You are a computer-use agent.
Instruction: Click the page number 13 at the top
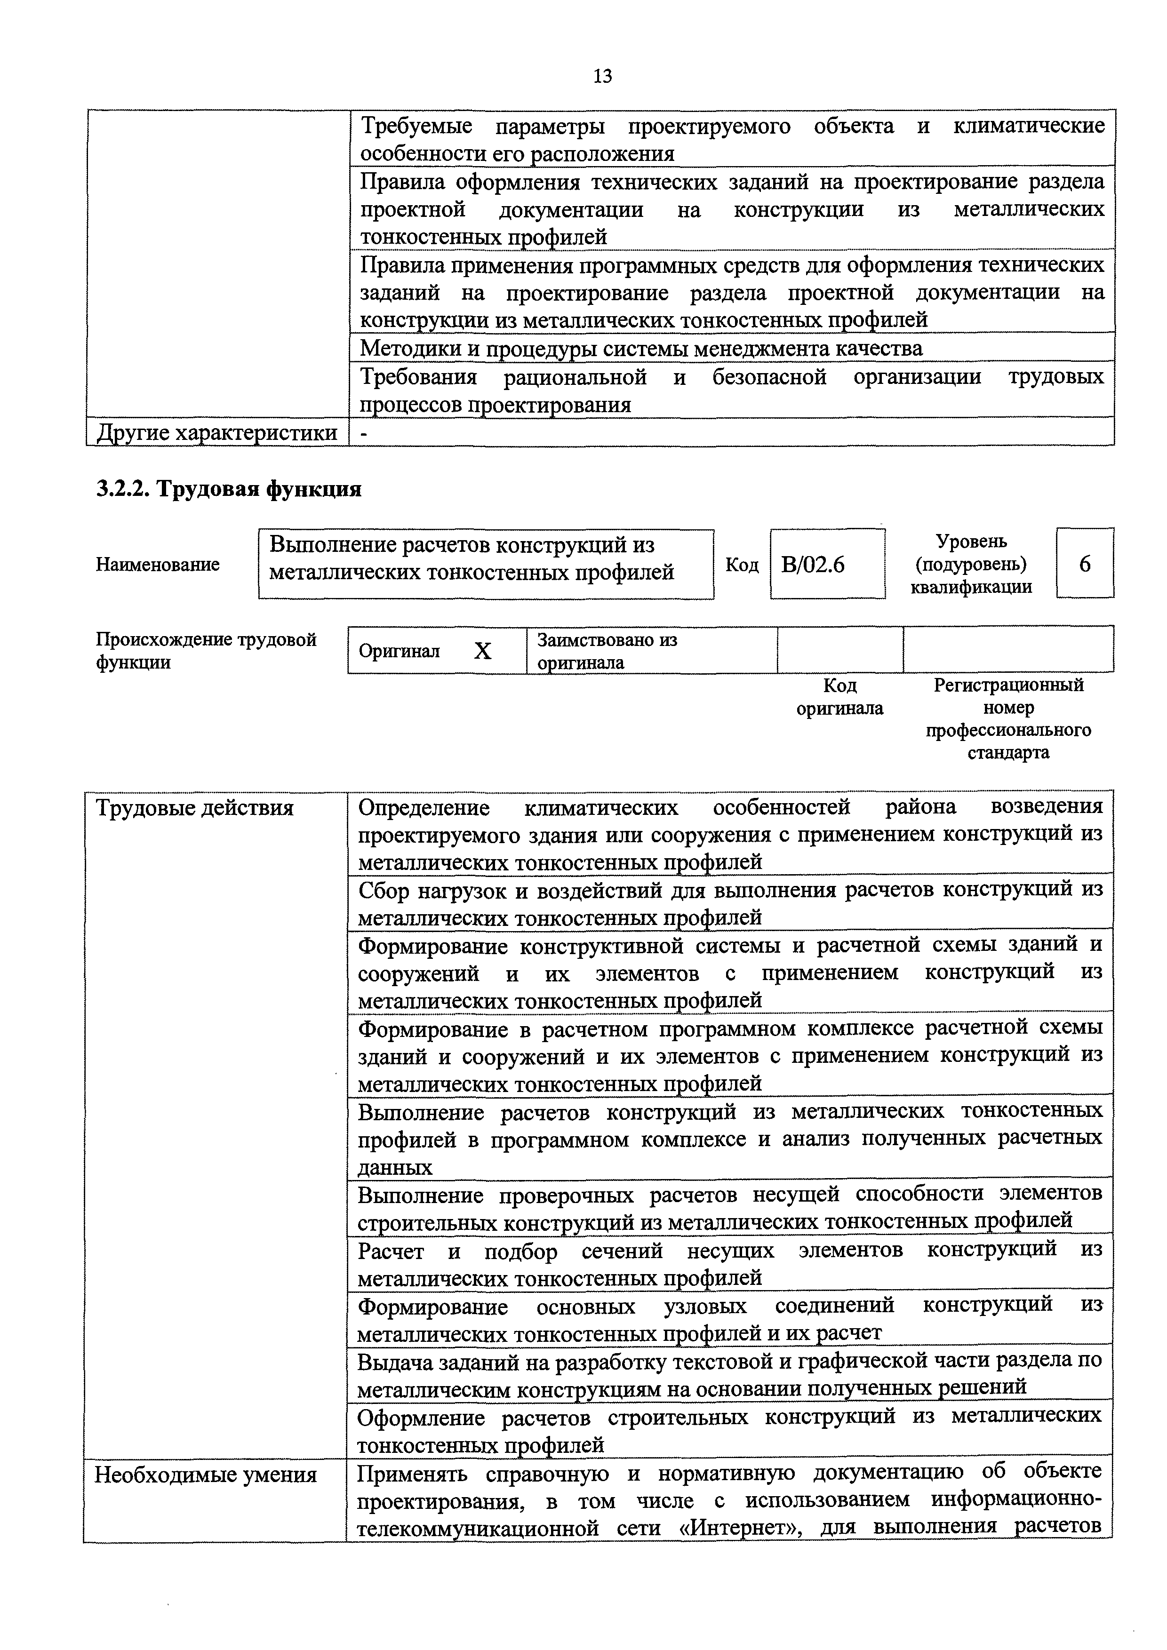pyautogui.click(x=602, y=75)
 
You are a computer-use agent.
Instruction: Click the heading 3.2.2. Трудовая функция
pyautogui.click(x=229, y=489)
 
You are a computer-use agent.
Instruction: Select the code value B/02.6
pyautogui.click(x=813, y=565)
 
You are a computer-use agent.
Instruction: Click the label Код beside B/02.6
pyautogui.click(x=742, y=566)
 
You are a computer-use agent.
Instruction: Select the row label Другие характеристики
pyautogui.click(x=216, y=433)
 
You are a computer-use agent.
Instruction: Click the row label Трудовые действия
pyautogui.click(x=195, y=808)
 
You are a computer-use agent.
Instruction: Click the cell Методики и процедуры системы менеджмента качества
pyautogui.click(x=640, y=349)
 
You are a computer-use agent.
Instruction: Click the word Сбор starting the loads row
pyautogui.click(x=384, y=891)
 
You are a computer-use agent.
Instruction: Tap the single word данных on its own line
pyautogui.click(x=395, y=1168)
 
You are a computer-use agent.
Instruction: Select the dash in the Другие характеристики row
pyautogui.click(x=364, y=433)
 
